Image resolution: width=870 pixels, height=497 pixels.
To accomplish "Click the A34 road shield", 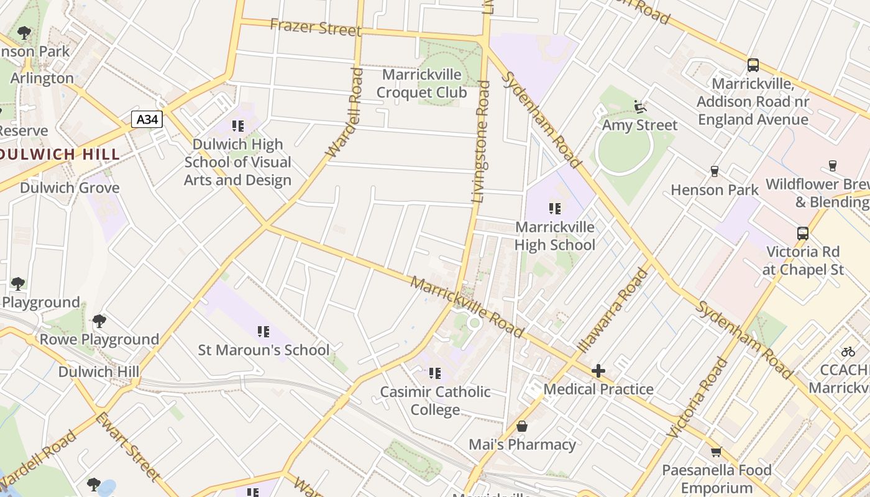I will point(147,119).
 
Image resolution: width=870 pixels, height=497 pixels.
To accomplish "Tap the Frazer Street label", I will point(316,28).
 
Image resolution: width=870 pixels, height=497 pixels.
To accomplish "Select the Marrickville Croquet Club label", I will point(422,84).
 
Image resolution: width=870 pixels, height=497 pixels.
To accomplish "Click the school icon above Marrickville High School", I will point(555,209).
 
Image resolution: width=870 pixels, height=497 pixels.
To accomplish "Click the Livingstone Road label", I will point(481,142).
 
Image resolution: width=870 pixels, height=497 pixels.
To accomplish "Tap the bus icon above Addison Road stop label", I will point(753,65).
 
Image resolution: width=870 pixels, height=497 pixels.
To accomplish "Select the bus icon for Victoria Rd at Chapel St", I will point(803,234).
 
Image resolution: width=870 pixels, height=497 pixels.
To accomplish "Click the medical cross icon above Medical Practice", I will point(598,372).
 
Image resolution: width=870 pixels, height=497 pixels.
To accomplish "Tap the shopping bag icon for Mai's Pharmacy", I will point(522,426).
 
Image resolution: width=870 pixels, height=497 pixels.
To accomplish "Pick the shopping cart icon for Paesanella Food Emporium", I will point(716,452).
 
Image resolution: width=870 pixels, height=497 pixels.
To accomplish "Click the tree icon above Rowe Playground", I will point(99,321).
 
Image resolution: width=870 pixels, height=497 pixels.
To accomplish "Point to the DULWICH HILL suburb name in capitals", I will point(60,155).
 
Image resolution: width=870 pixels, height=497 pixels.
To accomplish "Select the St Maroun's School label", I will point(263,350).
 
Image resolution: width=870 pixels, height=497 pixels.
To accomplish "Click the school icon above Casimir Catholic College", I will point(435,373).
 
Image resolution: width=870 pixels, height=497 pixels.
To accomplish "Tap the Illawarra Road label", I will point(612,311).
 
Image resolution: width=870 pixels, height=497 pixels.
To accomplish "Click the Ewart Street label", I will point(127,446).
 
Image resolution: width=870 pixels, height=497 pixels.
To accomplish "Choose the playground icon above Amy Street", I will point(640,107).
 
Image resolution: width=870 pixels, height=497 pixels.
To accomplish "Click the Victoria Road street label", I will point(697,398).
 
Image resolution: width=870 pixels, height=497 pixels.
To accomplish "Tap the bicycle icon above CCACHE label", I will point(848,352).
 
